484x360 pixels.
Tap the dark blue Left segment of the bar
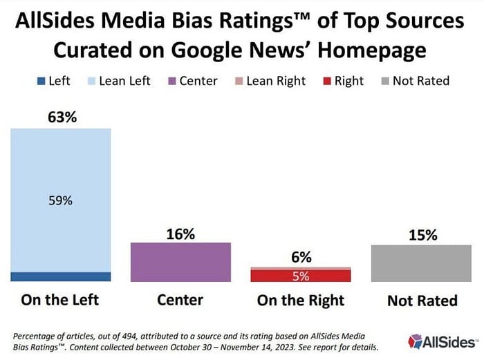tap(61, 276)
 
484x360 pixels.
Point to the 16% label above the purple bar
tap(180, 234)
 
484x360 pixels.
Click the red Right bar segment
tap(301, 276)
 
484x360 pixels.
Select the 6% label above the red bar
tap(301, 257)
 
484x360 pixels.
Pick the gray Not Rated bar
tap(421, 263)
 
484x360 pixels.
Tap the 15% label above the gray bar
tap(422, 235)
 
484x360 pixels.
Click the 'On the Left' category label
tap(61, 300)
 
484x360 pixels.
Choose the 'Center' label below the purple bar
tap(180, 300)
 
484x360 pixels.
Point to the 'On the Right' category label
tap(301, 300)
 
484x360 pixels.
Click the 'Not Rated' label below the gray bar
tap(422, 301)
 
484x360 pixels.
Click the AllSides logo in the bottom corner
tap(443, 341)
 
